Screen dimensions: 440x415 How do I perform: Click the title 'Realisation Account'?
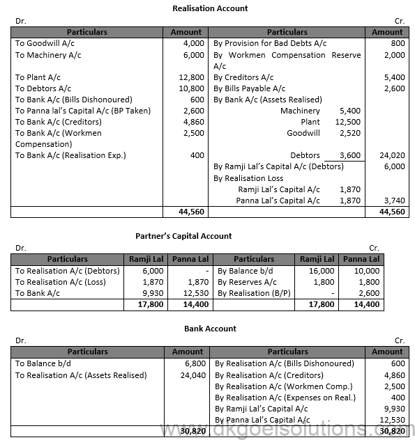point(210,8)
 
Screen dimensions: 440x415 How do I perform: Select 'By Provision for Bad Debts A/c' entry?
point(270,43)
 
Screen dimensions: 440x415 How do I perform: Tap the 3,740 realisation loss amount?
point(394,201)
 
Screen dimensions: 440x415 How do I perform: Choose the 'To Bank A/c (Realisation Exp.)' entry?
point(70,155)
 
